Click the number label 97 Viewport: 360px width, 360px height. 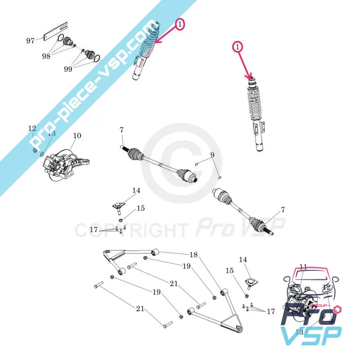tap(30, 41)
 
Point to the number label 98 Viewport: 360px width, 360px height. tap(46, 56)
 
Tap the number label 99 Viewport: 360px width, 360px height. tap(68, 69)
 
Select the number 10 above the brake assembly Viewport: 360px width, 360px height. tap(77, 135)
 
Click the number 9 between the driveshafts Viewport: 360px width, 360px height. tap(213, 156)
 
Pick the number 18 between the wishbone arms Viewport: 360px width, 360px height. tap(193, 255)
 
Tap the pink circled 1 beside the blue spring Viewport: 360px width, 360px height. tap(180, 25)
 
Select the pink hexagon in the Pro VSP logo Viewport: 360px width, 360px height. tap(338, 310)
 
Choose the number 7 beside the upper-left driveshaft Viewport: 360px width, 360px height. tap(121, 130)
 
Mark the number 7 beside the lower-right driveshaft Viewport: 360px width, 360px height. tap(283, 210)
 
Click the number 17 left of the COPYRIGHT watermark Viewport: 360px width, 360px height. tap(94, 229)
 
